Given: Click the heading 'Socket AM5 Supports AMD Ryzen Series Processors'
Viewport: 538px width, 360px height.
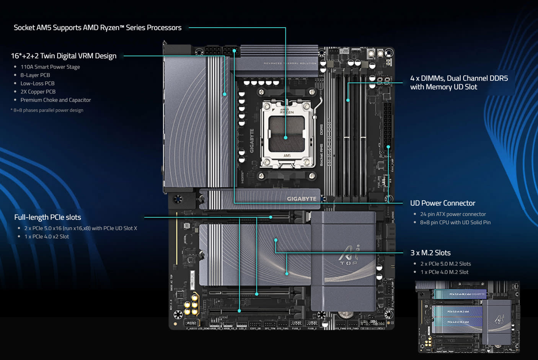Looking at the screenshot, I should pos(98,28).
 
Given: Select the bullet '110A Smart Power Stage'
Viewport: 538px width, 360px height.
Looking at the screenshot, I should pos(50,67).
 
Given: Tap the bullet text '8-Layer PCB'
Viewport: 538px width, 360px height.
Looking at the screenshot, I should pos(35,75).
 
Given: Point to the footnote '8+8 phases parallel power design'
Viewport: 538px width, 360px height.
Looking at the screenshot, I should pos(48,110).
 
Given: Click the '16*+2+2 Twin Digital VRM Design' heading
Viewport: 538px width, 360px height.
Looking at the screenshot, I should pos(64,56).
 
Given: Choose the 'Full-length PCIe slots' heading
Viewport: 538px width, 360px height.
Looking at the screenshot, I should pos(47,217).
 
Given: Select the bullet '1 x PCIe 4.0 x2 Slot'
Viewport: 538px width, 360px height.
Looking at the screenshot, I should pos(47,237).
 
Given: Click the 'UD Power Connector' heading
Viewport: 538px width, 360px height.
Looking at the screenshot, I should pos(442,203).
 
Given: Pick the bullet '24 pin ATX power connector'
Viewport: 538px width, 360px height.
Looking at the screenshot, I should pos(453,214).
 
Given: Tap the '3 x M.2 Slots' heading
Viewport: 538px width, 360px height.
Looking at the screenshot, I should pos(430,253).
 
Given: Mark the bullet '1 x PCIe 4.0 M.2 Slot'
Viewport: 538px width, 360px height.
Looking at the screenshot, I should pos(444,272).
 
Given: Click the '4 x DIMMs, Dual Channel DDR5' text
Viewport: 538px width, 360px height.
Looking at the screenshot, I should pos(459,78).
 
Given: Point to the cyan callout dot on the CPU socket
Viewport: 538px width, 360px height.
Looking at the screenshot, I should pos(285,137).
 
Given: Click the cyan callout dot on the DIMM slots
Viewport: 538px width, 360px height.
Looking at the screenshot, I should pos(348,100).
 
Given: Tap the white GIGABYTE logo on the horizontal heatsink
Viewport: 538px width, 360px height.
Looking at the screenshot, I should pos(302,199).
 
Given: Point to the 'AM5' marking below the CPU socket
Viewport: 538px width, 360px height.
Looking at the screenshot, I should pos(287,156).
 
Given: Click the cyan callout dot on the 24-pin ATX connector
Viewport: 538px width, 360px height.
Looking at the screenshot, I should pos(388,147).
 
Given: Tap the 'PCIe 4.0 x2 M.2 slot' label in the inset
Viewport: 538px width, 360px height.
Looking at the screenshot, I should pos(458,322).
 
